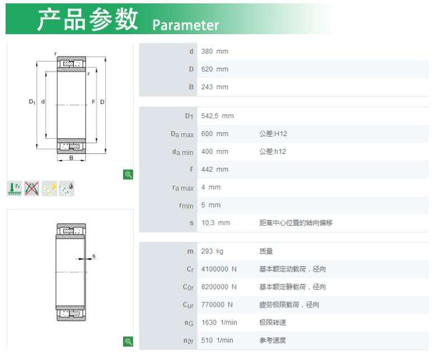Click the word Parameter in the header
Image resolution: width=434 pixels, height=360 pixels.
click(186, 25)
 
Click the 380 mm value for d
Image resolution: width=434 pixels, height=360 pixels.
click(215, 52)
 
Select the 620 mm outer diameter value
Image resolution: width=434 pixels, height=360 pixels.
click(215, 69)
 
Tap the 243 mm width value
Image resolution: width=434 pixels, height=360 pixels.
click(215, 87)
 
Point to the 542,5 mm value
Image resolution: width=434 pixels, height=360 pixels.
click(217, 116)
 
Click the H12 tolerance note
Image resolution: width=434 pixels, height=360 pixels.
click(273, 134)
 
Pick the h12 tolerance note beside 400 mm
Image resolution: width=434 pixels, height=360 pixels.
click(272, 152)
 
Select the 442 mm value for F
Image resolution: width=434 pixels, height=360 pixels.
click(215, 169)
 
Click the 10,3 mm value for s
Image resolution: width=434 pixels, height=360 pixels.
click(215, 223)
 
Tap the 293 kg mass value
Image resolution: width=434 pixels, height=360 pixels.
click(212, 251)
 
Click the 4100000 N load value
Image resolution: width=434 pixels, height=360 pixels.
click(219, 269)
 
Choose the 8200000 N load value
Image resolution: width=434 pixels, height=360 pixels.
click(219, 287)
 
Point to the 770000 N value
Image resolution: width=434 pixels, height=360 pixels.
click(217, 305)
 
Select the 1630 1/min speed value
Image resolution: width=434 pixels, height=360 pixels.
click(219, 322)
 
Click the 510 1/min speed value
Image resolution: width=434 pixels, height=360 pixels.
click(217, 340)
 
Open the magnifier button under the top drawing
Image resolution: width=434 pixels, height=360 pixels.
click(128, 175)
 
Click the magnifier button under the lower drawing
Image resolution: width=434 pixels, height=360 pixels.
click(128, 342)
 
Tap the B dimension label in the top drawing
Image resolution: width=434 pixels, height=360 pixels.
click(71, 158)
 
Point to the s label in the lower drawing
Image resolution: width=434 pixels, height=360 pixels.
click(94, 256)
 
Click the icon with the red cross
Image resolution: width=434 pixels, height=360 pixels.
click(31, 189)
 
